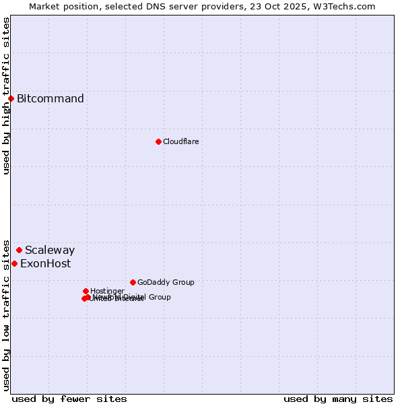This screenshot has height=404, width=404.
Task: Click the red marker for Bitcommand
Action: click(11, 99)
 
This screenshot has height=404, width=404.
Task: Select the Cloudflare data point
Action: click(158, 141)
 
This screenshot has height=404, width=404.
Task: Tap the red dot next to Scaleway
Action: click(19, 250)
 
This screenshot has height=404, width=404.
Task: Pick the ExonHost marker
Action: click(14, 263)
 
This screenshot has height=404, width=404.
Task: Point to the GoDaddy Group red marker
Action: click(133, 282)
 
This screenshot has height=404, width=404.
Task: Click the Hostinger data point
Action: click(86, 291)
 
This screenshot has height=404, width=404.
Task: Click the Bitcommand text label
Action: click(50, 99)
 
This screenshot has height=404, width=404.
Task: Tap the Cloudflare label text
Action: click(180, 141)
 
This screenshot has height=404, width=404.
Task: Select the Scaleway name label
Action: click(50, 250)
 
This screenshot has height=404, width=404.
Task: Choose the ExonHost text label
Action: click(45, 263)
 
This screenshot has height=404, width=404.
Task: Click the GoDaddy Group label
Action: click(166, 282)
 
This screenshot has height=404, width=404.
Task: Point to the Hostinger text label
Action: click(107, 291)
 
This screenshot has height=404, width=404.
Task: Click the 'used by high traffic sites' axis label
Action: click(6, 96)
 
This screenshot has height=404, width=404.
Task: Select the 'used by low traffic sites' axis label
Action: click(6, 314)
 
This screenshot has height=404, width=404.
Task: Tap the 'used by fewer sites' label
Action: click(69, 399)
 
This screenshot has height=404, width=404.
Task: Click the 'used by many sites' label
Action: click(338, 399)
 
